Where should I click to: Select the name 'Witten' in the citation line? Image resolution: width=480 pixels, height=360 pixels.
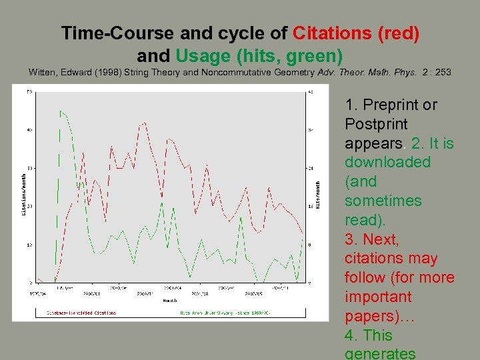coord(44,72)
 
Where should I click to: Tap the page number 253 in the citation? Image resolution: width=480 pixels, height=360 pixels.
coord(443,72)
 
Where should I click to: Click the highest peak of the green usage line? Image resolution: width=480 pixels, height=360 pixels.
coord(60,111)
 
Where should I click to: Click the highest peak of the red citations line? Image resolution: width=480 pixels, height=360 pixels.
coord(143,123)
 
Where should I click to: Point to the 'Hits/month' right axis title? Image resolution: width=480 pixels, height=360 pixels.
coord(318,194)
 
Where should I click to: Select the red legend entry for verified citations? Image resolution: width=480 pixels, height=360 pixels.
coord(81,312)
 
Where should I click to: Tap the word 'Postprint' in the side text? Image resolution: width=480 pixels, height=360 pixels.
coord(376,124)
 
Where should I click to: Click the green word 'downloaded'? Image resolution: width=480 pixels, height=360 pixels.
coord(387,162)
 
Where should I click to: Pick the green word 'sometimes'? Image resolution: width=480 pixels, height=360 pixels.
coord(383,201)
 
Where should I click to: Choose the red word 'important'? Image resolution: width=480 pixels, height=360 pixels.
coord(378,297)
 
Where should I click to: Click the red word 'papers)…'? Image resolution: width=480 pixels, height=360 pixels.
coord(380,316)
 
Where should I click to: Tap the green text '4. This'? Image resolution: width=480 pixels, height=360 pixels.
coord(369,335)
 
